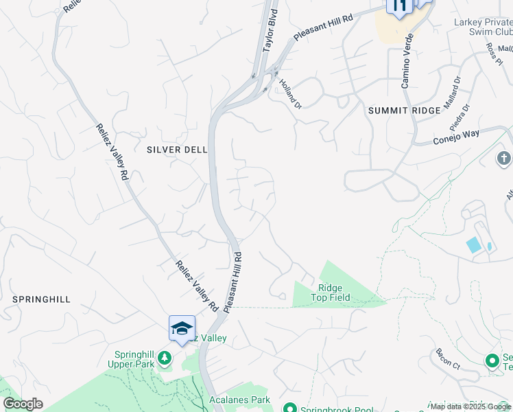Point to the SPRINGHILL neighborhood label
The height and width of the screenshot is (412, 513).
point(41,299)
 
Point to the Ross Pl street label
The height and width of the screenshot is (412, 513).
point(494,54)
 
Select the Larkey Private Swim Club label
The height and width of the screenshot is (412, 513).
point(484,27)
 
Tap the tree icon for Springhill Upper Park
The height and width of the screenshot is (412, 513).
point(165,358)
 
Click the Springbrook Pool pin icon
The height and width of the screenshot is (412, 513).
point(289,409)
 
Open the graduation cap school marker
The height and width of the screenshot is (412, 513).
point(182,328)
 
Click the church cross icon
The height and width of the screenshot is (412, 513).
point(503,159)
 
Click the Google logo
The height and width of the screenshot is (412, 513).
point(23,404)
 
